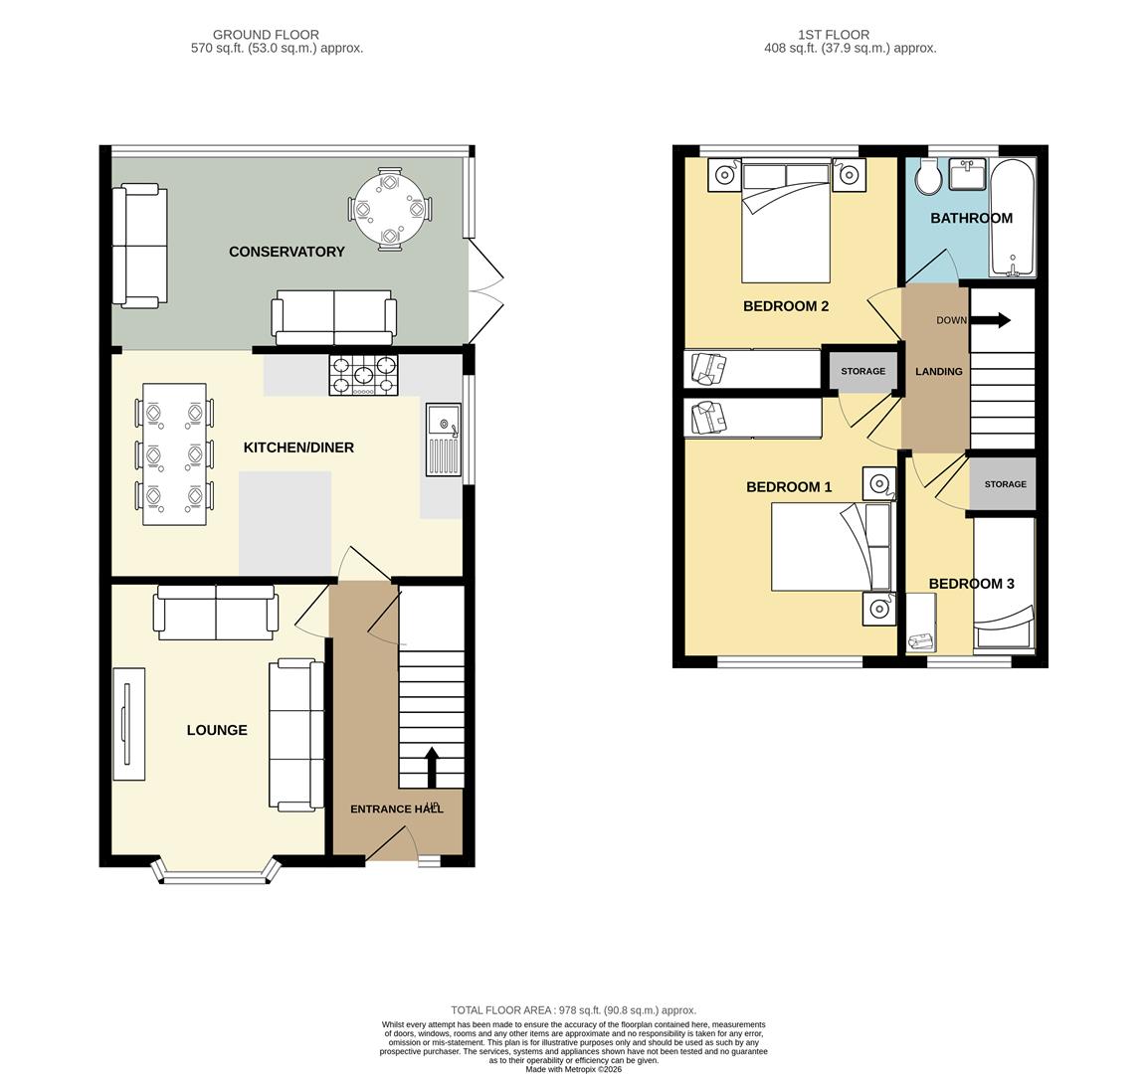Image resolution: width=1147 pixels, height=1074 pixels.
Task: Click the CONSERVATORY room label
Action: [287, 252]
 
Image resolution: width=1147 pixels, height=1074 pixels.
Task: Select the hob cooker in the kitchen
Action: [363, 375]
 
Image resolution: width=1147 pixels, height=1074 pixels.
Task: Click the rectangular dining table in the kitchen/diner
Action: [175, 453]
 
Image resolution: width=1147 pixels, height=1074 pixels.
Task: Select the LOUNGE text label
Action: [217, 730]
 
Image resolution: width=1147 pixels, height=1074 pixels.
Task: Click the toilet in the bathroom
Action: [929, 179]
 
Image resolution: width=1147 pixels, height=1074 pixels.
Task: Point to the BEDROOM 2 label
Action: [786, 306]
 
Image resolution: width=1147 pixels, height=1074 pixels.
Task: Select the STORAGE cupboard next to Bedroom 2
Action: [862, 371]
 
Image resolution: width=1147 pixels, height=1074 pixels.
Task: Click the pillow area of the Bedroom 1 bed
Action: [877, 547]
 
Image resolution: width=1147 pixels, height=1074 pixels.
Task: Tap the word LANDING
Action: [938, 371]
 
